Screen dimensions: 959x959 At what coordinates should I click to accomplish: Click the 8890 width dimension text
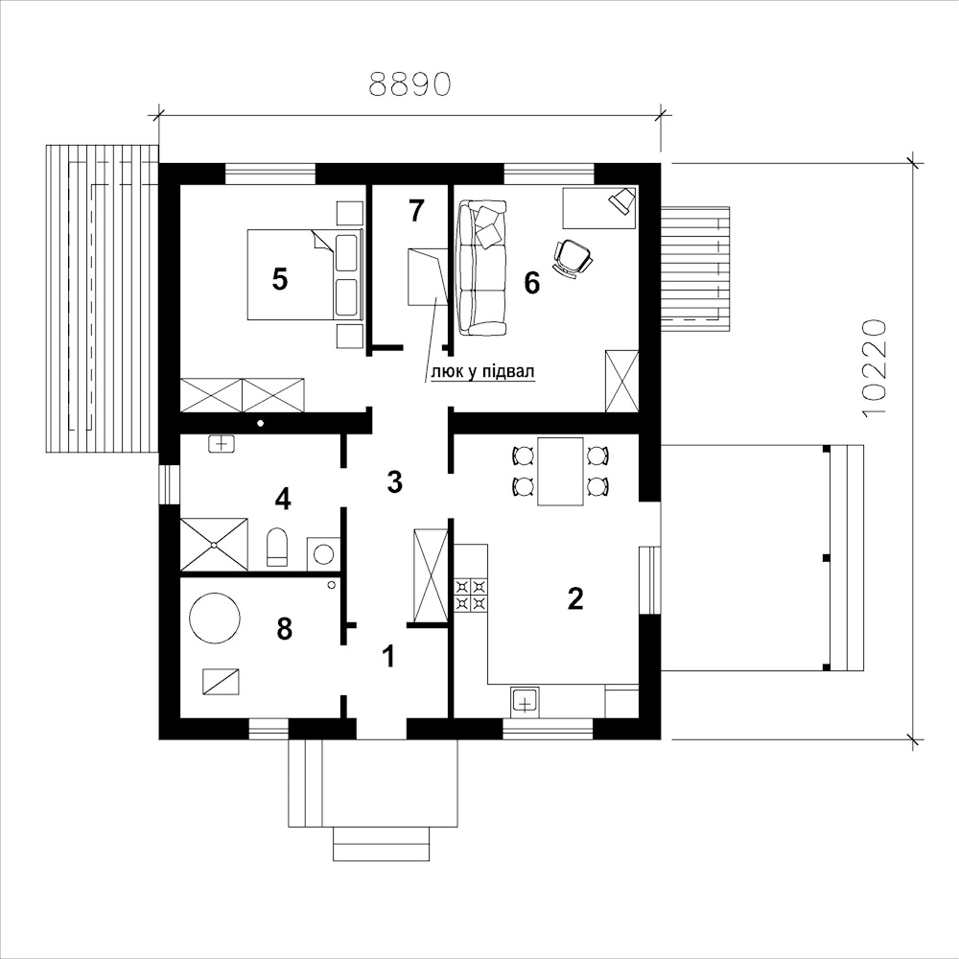409,84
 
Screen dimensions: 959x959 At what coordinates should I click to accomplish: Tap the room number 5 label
279,279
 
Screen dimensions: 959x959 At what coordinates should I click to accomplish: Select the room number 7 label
416,210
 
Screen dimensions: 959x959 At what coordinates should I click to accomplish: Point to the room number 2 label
575,598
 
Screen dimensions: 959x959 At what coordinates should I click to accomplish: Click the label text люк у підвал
483,372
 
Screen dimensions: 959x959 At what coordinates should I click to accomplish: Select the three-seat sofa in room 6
483,268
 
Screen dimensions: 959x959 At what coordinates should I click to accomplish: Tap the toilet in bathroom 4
277,547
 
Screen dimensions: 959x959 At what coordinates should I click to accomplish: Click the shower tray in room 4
214,545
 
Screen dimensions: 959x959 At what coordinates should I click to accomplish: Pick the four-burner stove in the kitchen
471,596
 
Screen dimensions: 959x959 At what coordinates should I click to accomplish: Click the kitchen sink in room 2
525,702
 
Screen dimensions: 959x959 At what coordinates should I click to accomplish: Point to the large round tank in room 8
215,618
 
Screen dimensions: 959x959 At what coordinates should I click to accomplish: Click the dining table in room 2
560,471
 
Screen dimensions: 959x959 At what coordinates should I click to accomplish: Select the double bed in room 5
305,274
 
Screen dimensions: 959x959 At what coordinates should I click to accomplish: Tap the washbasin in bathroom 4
222,443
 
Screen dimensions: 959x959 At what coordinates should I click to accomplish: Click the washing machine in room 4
322,554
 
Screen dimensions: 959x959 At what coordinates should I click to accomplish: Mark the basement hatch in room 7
427,276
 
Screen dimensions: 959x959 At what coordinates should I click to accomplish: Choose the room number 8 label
285,629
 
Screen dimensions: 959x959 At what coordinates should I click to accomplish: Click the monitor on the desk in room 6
622,200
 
